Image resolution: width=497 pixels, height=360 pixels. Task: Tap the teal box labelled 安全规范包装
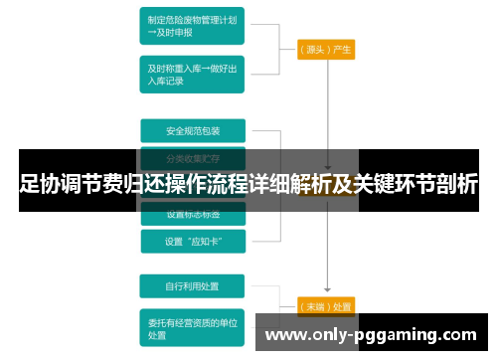click(193, 131)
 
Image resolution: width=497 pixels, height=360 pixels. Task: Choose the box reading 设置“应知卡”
click(193, 241)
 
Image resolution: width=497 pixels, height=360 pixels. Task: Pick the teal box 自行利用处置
click(193, 286)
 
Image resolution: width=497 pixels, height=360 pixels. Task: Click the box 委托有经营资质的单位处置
click(193, 328)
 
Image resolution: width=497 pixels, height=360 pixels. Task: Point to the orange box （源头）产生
click(326, 49)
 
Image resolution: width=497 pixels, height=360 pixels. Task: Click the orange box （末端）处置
click(326, 306)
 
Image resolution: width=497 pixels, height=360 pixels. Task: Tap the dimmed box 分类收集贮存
click(193, 157)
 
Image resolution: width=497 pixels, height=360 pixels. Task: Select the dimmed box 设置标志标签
click(193, 214)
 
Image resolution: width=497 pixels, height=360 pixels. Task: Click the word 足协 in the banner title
click(41, 184)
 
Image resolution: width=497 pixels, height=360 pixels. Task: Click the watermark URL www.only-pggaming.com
click(372, 335)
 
